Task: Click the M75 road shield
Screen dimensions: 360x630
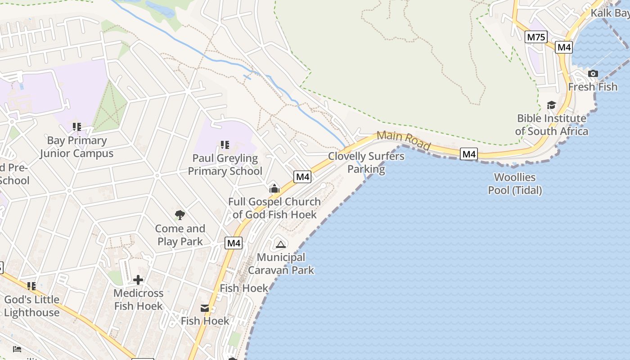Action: pyautogui.click(x=536, y=37)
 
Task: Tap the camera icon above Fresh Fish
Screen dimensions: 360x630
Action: pyautogui.click(x=593, y=73)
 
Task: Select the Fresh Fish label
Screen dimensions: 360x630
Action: pyautogui.click(x=593, y=86)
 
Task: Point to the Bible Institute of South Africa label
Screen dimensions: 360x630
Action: pyautogui.click(x=552, y=125)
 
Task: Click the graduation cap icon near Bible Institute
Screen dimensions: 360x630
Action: pyautogui.click(x=551, y=105)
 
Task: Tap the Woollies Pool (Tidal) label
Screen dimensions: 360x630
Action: pyautogui.click(x=515, y=184)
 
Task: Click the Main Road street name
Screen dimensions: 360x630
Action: pyautogui.click(x=404, y=140)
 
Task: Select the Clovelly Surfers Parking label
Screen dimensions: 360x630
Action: pyautogui.click(x=366, y=162)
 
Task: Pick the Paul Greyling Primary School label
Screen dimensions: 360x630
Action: pyautogui.click(x=225, y=165)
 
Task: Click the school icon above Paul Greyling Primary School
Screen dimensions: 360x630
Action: pyautogui.click(x=225, y=145)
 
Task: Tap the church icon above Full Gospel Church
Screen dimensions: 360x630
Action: pyautogui.click(x=274, y=189)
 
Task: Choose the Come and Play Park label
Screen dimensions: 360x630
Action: pyautogui.click(x=180, y=235)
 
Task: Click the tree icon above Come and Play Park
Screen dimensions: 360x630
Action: pyautogui.click(x=180, y=215)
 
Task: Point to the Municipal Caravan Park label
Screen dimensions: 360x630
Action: pyautogui.click(x=281, y=264)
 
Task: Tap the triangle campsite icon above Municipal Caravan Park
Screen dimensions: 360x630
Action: pyautogui.click(x=281, y=244)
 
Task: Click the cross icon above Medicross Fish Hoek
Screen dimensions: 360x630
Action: pyautogui.click(x=138, y=280)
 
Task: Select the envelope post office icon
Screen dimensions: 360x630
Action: pyautogui.click(x=205, y=308)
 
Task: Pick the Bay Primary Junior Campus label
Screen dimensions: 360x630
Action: pyautogui.click(x=76, y=147)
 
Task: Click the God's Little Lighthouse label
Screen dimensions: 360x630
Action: pyautogui.click(x=31, y=306)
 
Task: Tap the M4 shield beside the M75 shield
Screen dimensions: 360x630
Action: pyautogui.click(x=563, y=47)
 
